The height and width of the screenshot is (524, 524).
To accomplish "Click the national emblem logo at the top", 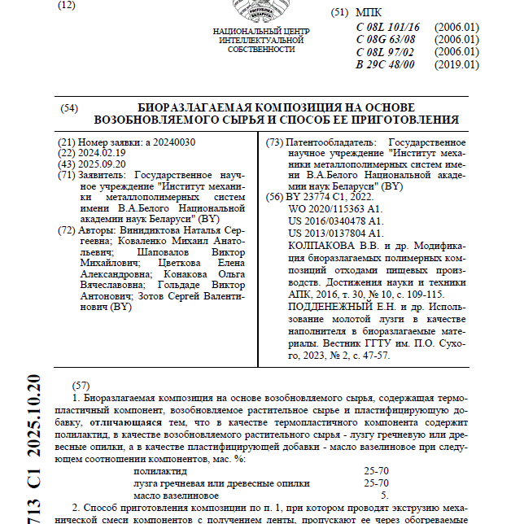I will pos(260,11).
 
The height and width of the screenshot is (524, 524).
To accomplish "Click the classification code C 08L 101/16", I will pos(388,27).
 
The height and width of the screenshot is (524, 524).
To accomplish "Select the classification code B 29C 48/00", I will pos(386,64).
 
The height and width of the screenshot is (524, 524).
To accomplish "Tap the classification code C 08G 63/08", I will pos(386,39).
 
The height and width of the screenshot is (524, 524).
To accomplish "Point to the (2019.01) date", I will pos(456,64).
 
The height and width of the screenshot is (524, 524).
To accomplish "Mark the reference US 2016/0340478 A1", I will pos(336,221).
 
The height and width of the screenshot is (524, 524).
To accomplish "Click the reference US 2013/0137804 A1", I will pos(336,233).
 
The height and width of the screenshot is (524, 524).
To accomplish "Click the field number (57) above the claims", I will pos(81,384).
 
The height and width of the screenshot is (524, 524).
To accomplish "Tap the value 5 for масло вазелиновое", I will pos(385,494).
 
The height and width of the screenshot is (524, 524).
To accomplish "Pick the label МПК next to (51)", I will pos(369,14).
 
